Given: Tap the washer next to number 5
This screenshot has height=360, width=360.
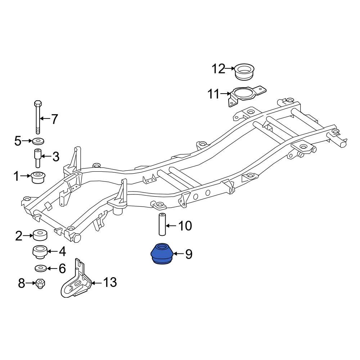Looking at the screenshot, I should tap(39, 140).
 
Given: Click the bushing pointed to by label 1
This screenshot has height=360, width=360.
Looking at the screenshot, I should tap(38, 177).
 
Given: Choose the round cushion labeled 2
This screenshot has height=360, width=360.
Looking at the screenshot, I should tap(40, 235).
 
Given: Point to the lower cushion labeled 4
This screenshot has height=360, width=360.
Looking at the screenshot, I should tap(40, 252).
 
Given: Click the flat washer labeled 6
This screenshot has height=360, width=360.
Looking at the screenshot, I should tap(40, 268).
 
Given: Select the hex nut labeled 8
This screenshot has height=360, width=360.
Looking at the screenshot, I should tap(40, 283).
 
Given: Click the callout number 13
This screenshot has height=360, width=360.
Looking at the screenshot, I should tap(110, 283).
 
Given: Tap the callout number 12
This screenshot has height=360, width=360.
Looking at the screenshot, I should tap(218, 68).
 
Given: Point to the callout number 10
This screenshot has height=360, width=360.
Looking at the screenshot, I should tap(185, 226).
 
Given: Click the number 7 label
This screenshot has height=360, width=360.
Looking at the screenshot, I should tap(54, 119).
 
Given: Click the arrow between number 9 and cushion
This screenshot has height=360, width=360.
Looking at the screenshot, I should tap(179, 255).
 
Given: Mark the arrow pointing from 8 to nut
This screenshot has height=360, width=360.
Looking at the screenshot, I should tap(31, 283).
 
